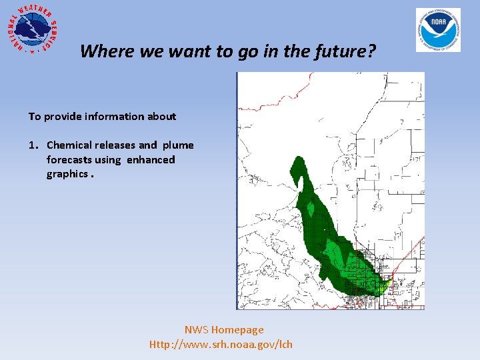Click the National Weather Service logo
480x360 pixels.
pyautogui.click(x=32, y=29)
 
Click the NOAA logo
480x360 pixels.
pyautogui.click(x=438, y=30)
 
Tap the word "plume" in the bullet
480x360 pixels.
pyautogui.click(x=177, y=145)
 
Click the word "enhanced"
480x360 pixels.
pyautogui.click(x=151, y=159)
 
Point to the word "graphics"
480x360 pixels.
pyautogui.click(x=67, y=174)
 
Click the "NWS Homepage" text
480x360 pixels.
pyautogui.click(x=224, y=329)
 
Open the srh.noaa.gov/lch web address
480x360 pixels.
pyautogui.click(x=221, y=344)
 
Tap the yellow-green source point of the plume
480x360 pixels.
pyautogui.click(x=384, y=285)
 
